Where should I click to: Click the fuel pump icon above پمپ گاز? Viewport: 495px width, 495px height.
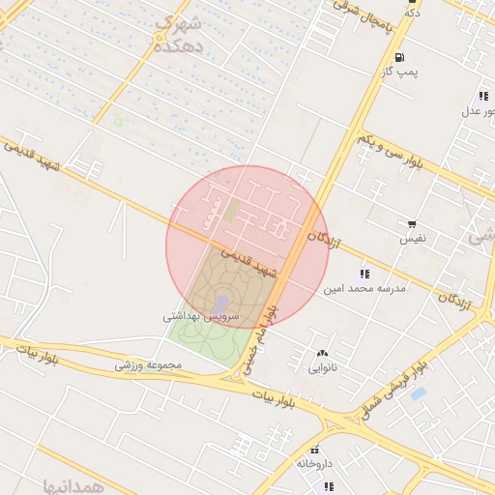click(x=400, y=57)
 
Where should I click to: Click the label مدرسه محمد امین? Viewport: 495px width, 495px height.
click(x=364, y=288)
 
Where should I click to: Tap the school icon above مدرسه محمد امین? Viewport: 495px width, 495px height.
click(x=364, y=274)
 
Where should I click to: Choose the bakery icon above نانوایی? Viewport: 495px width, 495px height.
click(x=321, y=353)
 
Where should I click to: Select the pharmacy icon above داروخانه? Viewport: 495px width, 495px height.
click(x=314, y=450)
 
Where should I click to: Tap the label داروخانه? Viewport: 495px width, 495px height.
click(x=314, y=464)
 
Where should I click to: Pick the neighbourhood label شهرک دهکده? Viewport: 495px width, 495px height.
click(x=180, y=34)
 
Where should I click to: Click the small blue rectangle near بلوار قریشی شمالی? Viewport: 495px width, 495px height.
click(x=418, y=393)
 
